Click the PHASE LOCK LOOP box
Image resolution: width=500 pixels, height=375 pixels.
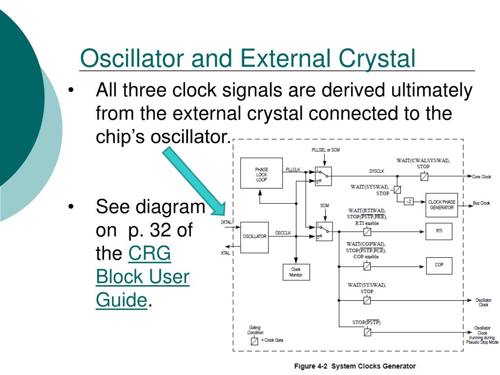[262, 173]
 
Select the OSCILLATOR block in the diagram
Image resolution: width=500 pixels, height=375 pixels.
[255, 236]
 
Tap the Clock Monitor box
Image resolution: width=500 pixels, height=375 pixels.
[296, 272]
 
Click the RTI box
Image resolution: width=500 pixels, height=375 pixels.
[439, 231]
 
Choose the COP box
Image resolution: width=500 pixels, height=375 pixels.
[439, 265]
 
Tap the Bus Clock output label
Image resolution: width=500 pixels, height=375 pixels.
[481, 203]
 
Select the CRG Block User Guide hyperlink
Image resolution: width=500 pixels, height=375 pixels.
[143, 277]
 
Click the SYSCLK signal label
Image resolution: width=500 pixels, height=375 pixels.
[377, 171]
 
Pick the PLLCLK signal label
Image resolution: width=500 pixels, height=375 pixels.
[293, 169]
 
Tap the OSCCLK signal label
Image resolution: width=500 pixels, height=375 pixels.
[283, 233]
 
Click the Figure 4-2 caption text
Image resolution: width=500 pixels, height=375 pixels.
[354, 366]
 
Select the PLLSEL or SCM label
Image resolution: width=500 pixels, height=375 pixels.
[325, 150]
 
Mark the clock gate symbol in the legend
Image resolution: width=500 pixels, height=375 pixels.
[254, 340]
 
